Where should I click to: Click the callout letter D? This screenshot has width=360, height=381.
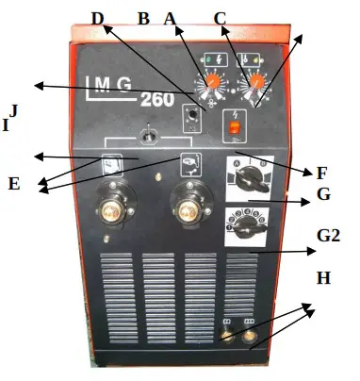click(99, 20)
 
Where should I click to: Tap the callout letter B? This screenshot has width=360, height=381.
click(143, 19)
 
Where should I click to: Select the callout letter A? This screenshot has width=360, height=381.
click(170, 19)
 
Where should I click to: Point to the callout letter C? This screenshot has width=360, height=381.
click(220, 18)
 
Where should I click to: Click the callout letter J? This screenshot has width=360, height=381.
click(13, 110)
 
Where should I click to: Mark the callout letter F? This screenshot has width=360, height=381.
click(321, 174)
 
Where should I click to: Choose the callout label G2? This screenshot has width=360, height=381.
click(328, 237)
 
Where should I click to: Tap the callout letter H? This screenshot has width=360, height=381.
click(323, 280)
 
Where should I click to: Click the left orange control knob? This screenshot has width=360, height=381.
click(213, 83)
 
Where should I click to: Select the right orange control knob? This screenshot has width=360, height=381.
click(253, 84)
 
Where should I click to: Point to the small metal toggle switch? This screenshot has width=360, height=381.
click(146, 134)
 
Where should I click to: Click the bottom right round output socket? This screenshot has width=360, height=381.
click(250, 334)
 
